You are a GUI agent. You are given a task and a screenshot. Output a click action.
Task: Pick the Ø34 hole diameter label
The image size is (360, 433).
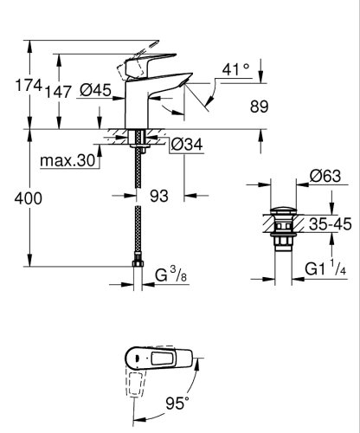coord(187,145)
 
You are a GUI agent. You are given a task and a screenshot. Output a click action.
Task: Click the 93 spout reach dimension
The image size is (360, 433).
coord(158,197)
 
